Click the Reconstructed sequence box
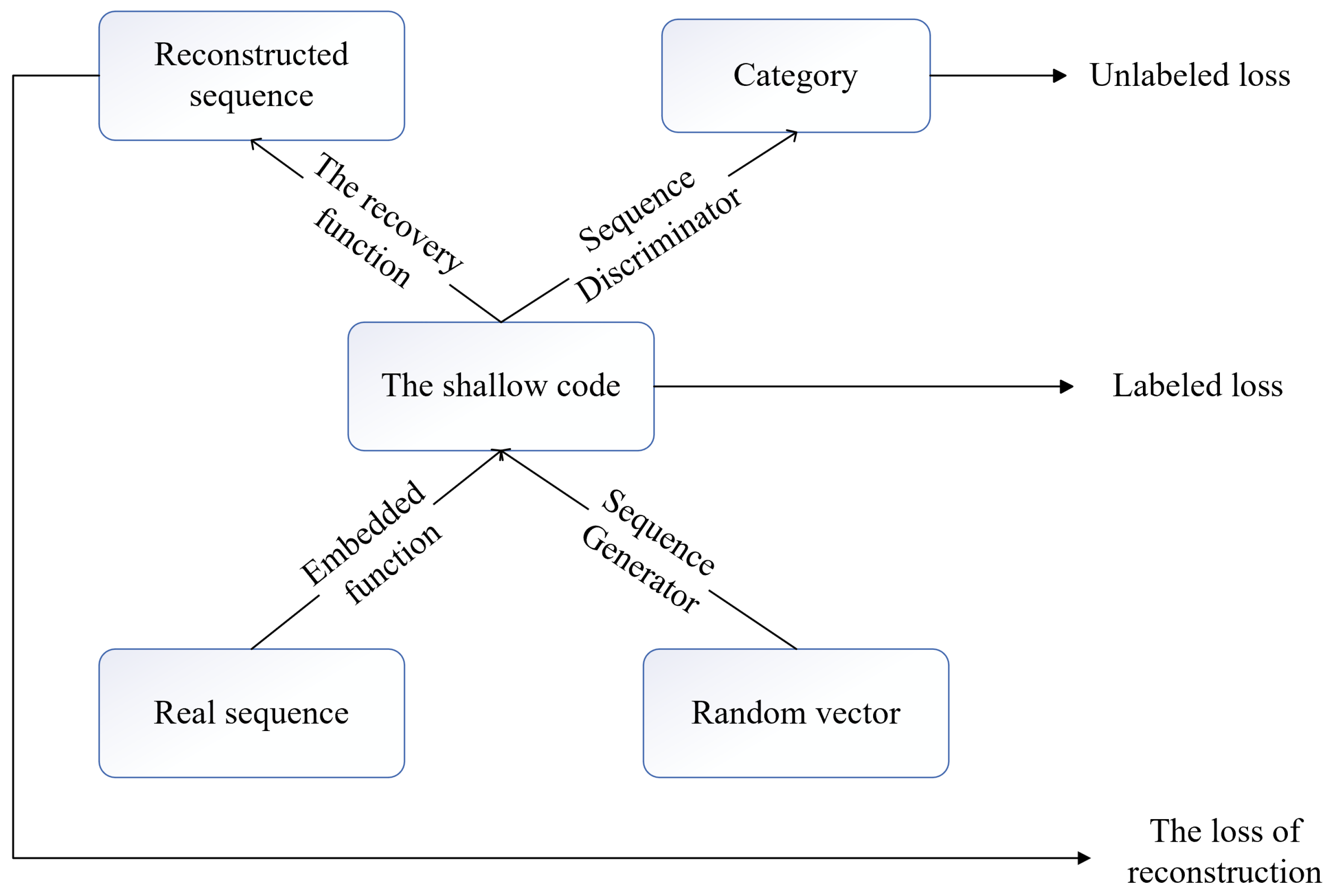(251, 76)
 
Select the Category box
(795, 76)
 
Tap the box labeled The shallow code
(500, 386)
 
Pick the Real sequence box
(251, 713)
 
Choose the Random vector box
(795, 713)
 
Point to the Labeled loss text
(1197, 386)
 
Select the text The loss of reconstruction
(1224, 851)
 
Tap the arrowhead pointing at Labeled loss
(1066, 386)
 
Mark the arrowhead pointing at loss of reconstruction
(1083, 858)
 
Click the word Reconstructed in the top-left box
(251, 55)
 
